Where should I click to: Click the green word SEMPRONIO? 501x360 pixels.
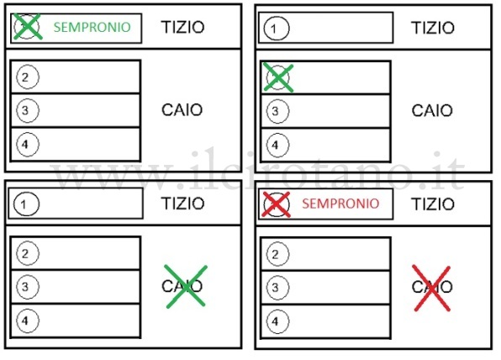(x=92, y=27)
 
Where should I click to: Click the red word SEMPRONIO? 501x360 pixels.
(x=340, y=204)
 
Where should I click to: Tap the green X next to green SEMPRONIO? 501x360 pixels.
(x=28, y=27)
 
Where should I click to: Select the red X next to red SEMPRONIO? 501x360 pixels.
(x=276, y=204)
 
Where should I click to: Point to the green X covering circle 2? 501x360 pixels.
(x=278, y=77)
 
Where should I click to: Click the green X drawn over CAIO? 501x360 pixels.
(x=186, y=287)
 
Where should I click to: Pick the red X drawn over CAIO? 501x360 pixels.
(x=432, y=288)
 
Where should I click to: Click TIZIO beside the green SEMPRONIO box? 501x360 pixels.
(x=182, y=27)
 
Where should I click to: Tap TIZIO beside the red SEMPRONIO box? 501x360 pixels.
(x=433, y=204)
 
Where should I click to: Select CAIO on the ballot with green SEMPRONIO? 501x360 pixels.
(x=182, y=110)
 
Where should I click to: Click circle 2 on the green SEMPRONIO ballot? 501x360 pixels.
(x=28, y=77)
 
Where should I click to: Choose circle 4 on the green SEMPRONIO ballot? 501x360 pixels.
(x=28, y=144)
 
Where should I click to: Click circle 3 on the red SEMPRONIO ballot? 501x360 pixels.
(x=277, y=288)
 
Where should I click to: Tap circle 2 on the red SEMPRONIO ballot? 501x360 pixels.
(x=277, y=254)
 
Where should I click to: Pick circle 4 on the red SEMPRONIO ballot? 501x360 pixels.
(x=277, y=321)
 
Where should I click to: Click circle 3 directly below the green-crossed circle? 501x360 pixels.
(x=277, y=111)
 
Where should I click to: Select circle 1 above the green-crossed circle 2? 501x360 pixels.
(x=277, y=28)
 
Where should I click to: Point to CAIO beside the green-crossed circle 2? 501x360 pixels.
(x=432, y=111)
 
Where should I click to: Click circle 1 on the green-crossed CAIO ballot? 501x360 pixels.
(x=27, y=204)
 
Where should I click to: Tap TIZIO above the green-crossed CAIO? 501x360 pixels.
(x=182, y=204)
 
